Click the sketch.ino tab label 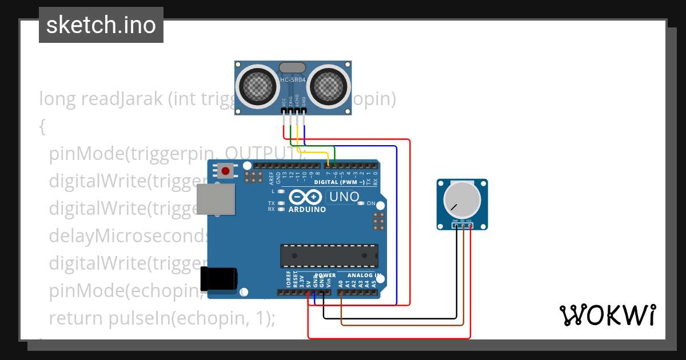pos(101,25)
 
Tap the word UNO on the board pos(343,197)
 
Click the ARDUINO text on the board pos(307,209)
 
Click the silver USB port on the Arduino pos(216,199)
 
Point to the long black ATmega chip pos(329,255)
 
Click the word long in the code pos(58,99)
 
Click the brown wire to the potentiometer pos(400,325)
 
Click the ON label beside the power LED pos(371,203)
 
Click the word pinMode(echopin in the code pos(123,291)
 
